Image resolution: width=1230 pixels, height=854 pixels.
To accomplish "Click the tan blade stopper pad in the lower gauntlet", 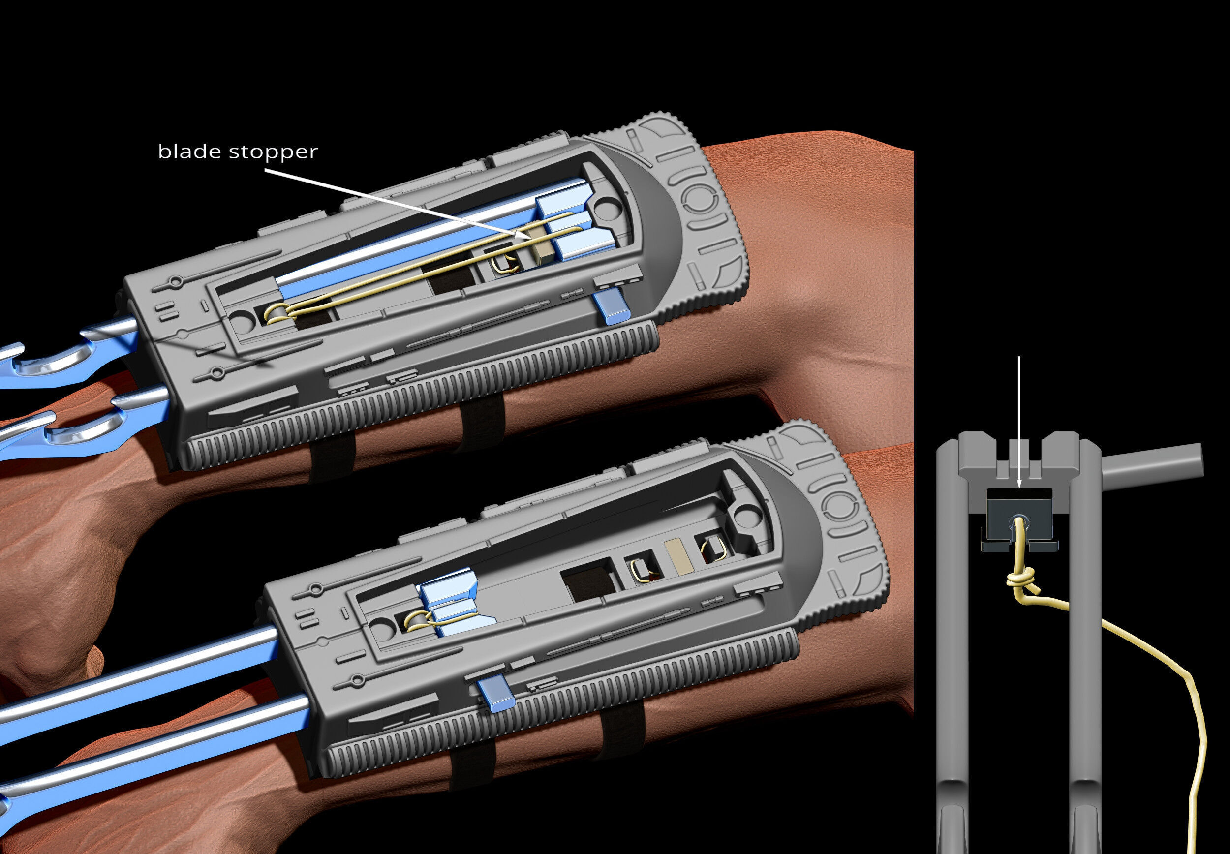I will click(x=677, y=556).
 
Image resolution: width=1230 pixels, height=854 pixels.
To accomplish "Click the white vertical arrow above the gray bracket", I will click(x=1018, y=417).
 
